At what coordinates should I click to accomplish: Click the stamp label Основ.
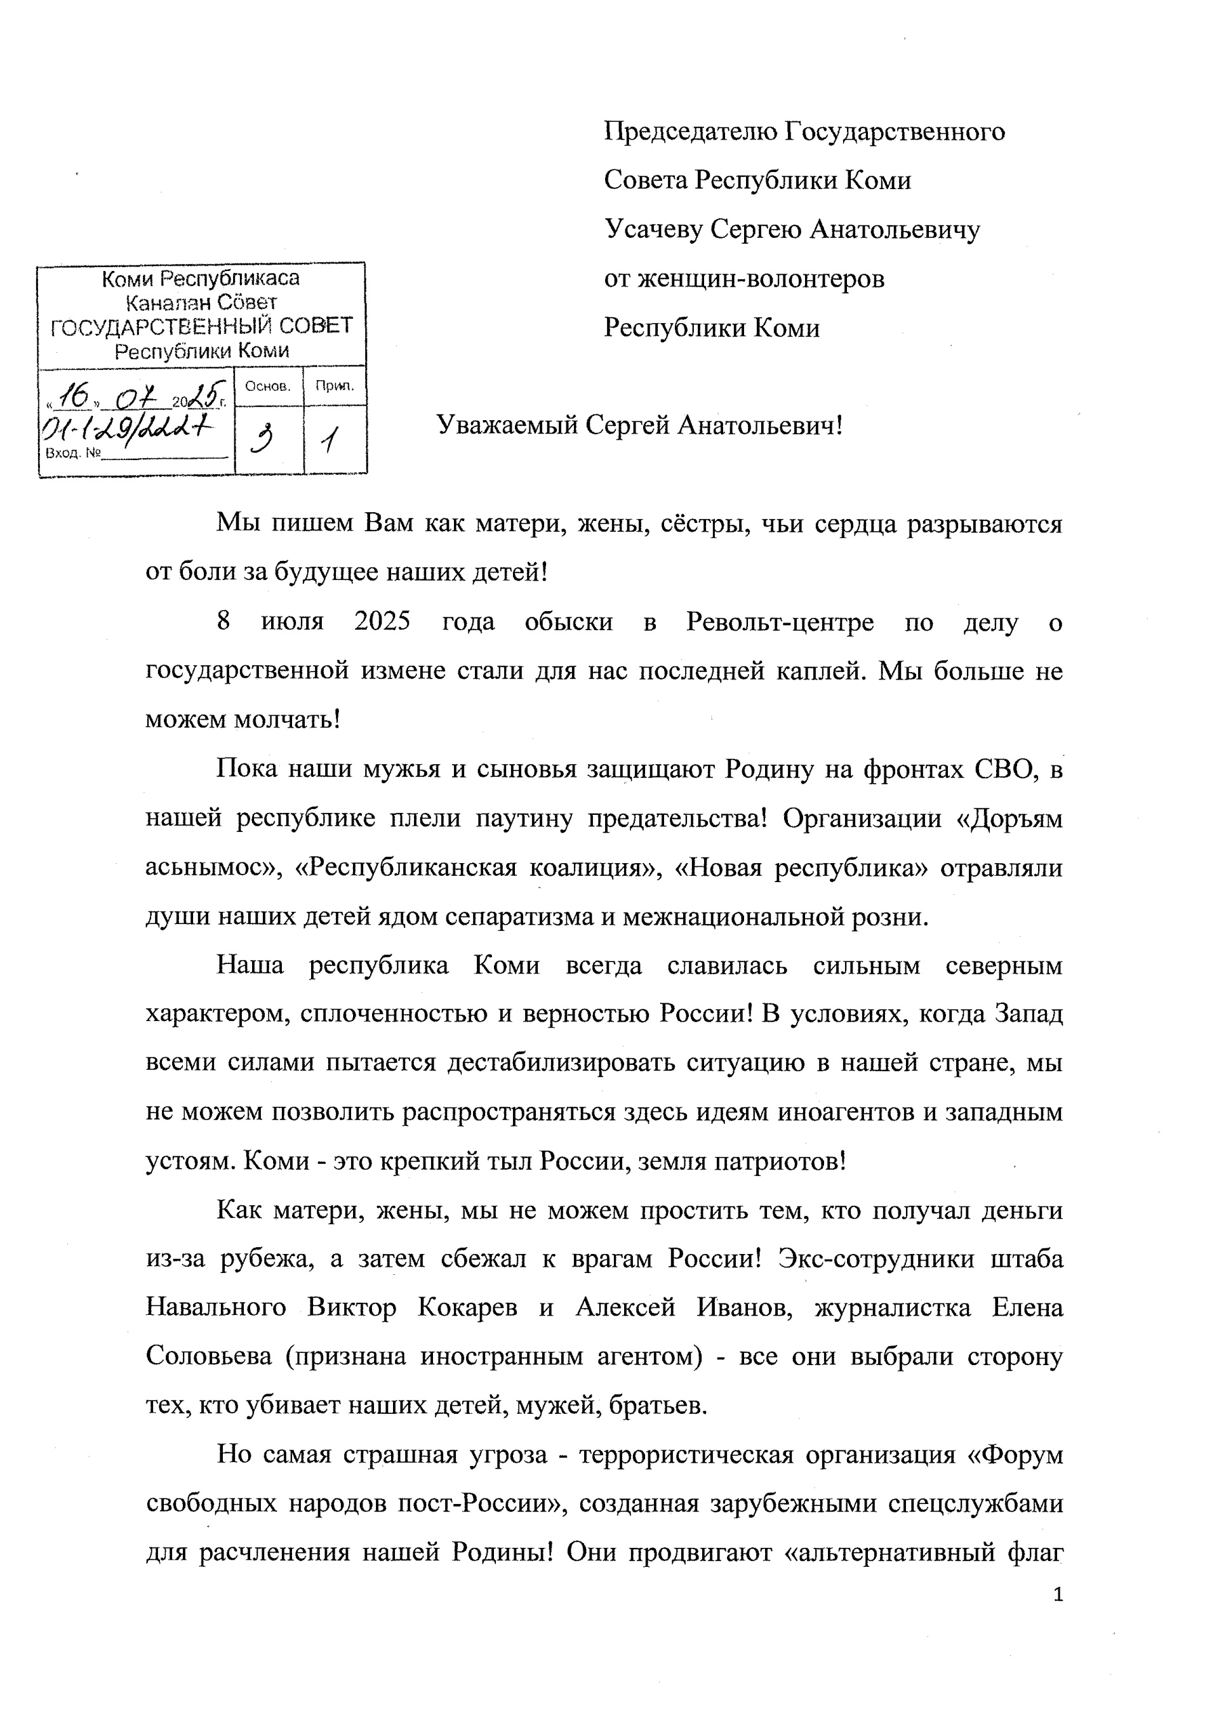(268, 386)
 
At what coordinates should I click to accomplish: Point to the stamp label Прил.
(335, 386)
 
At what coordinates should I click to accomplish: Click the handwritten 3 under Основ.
(263, 439)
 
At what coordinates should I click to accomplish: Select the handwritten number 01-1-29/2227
(128, 429)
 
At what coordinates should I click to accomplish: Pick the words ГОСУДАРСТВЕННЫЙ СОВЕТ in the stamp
(201, 326)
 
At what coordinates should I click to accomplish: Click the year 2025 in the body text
(382, 622)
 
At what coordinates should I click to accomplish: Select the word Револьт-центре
(779, 622)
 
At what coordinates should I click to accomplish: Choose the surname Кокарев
(467, 1309)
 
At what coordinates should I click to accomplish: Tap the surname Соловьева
(208, 1357)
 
